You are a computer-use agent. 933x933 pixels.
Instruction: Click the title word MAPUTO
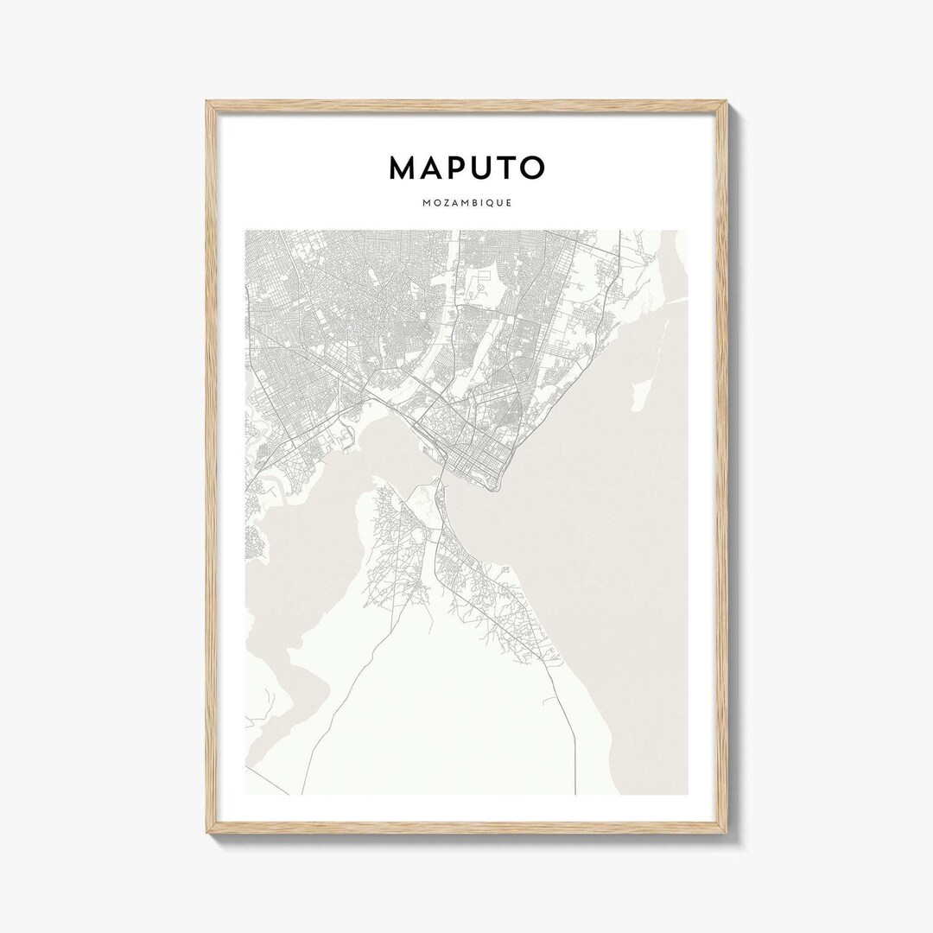click(466, 168)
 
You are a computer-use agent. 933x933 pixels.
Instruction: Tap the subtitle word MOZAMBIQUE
click(466, 204)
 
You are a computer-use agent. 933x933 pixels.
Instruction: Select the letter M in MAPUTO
click(403, 168)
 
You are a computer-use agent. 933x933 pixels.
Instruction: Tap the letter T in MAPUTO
click(503, 168)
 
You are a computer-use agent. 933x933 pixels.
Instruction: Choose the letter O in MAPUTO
click(530, 168)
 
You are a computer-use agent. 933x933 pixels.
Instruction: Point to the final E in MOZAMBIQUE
click(509, 204)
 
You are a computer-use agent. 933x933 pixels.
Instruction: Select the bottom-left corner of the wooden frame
click(207, 835)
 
